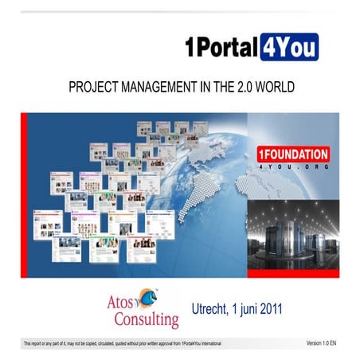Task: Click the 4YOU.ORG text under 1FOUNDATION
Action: click(293, 169)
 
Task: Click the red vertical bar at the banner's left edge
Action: click(24, 194)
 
